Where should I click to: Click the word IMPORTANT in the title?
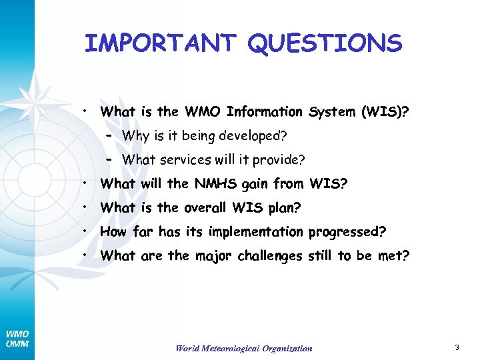(161, 44)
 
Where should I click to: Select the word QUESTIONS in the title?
(325, 44)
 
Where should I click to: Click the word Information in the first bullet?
(264, 112)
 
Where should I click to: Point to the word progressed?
(347, 232)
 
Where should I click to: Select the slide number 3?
(457, 347)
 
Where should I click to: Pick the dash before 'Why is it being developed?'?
(110, 135)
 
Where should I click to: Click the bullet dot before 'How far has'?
(86, 231)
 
